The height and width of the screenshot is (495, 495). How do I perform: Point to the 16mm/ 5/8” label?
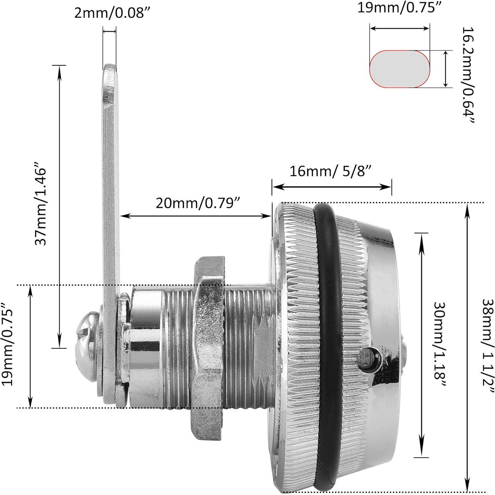pos(331,171)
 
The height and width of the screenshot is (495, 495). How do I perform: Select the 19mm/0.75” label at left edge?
pos(7,344)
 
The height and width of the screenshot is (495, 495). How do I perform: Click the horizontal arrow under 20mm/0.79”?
pos(195,216)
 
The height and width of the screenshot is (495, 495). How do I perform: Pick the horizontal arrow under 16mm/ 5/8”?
pos(331,187)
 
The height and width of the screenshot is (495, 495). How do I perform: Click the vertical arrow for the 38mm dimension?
pos(467,347)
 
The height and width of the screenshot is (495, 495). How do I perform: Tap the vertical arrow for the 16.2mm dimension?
pos(446,69)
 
